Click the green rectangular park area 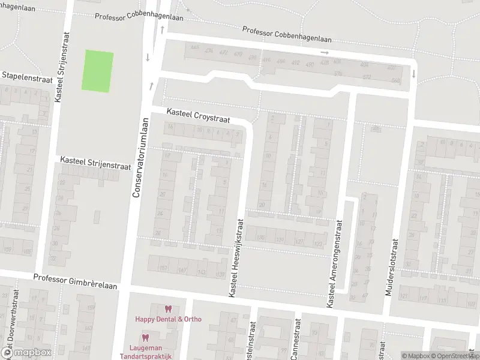tap(97, 71)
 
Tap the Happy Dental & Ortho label tap(168, 319)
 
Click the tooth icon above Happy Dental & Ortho tap(168, 309)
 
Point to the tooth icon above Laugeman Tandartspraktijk tap(145, 338)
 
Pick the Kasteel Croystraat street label tap(198, 116)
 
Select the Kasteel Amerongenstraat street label tap(334, 264)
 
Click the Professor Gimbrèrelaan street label tap(75, 278)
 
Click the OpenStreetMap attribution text tap(454, 356)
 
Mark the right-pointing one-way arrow tap(325, 53)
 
